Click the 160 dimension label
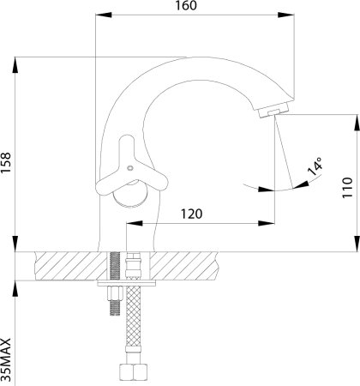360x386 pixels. coord(186,5)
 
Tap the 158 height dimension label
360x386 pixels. coord(5,162)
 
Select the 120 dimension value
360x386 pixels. coord(192,214)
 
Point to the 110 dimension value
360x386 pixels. coord(347,188)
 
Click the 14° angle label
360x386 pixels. coord(315,166)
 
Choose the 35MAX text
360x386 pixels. coord(6,359)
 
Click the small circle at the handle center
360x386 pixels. coord(130,168)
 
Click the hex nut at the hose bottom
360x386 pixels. coord(134,372)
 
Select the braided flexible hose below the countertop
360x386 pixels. coord(134,324)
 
